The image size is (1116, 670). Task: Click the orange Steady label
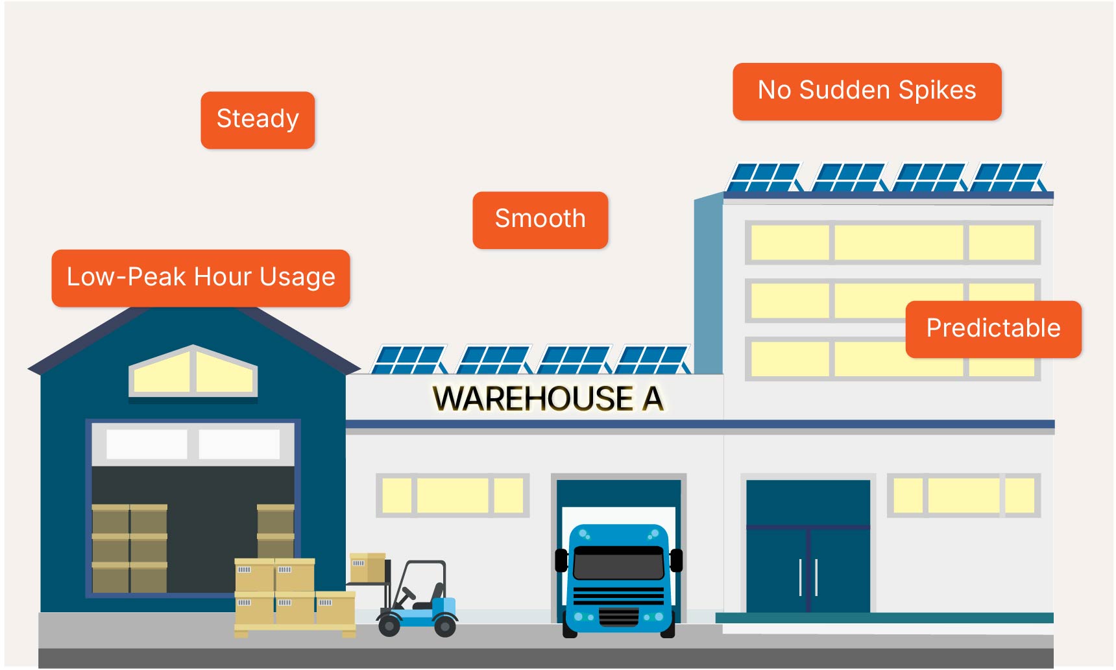click(x=258, y=120)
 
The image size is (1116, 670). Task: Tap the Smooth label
click(x=540, y=219)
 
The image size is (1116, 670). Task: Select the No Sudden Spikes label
click(x=867, y=91)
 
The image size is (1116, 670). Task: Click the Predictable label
click(x=993, y=329)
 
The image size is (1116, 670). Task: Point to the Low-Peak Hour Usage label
click(x=200, y=278)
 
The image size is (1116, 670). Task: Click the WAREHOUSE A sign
click(x=548, y=398)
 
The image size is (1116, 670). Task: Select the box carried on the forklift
click(x=367, y=567)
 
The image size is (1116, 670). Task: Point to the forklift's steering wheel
click(x=408, y=593)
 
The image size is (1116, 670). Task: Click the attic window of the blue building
click(x=193, y=372)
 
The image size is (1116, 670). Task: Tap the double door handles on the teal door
click(x=808, y=577)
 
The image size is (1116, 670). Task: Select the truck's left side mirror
click(x=561, y=560)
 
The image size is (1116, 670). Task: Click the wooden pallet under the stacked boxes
click(x=295, y=628)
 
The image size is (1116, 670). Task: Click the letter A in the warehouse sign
click(x=653, y=398)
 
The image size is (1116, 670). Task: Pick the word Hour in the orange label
click(x=223, y=278)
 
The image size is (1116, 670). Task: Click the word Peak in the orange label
click(x=156, y=278)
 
